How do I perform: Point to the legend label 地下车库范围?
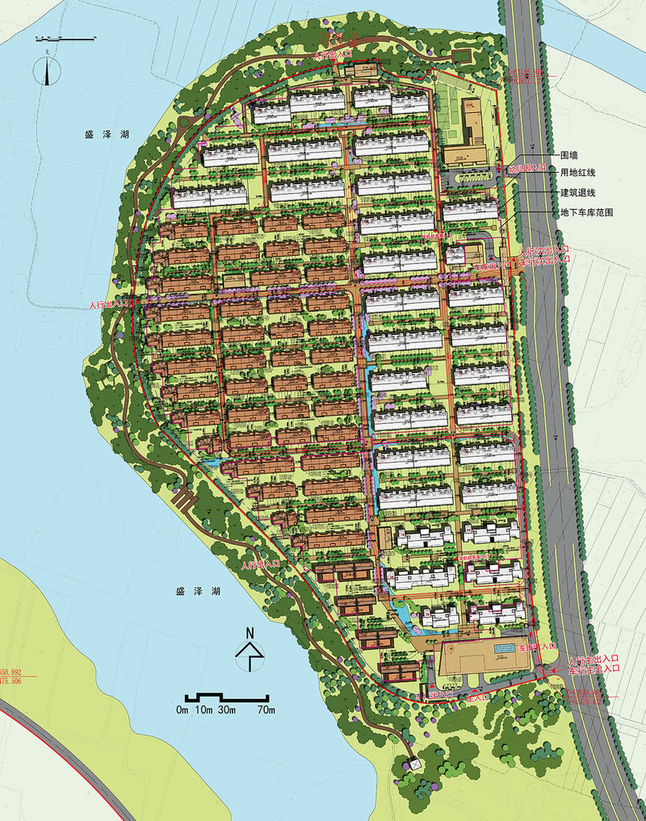587,212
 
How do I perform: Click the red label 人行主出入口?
594,660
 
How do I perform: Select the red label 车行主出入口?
594,670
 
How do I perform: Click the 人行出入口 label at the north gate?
333,53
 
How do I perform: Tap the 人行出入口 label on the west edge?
110,304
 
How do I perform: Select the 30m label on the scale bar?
224,710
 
